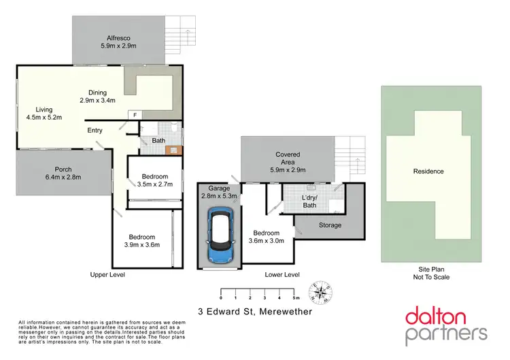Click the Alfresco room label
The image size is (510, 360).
coord(118,42)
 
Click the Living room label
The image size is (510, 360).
coord(49,112)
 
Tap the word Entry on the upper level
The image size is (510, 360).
coord(95,131)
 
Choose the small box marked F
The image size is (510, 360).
coord(135,115)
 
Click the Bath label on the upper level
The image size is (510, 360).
coord(158,142)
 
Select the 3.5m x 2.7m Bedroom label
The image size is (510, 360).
coord(155,180)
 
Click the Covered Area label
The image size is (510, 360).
coord(288,159)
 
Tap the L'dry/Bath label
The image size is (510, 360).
coord(310,201)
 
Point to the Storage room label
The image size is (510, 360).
coord(330,225)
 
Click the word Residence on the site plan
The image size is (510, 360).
coord(428,171)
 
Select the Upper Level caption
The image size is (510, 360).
coord(107,275)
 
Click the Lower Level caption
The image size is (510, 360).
coord(283,275)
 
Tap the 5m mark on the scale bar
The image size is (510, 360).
coord(295,299)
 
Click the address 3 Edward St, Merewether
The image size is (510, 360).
coord(255,312)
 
